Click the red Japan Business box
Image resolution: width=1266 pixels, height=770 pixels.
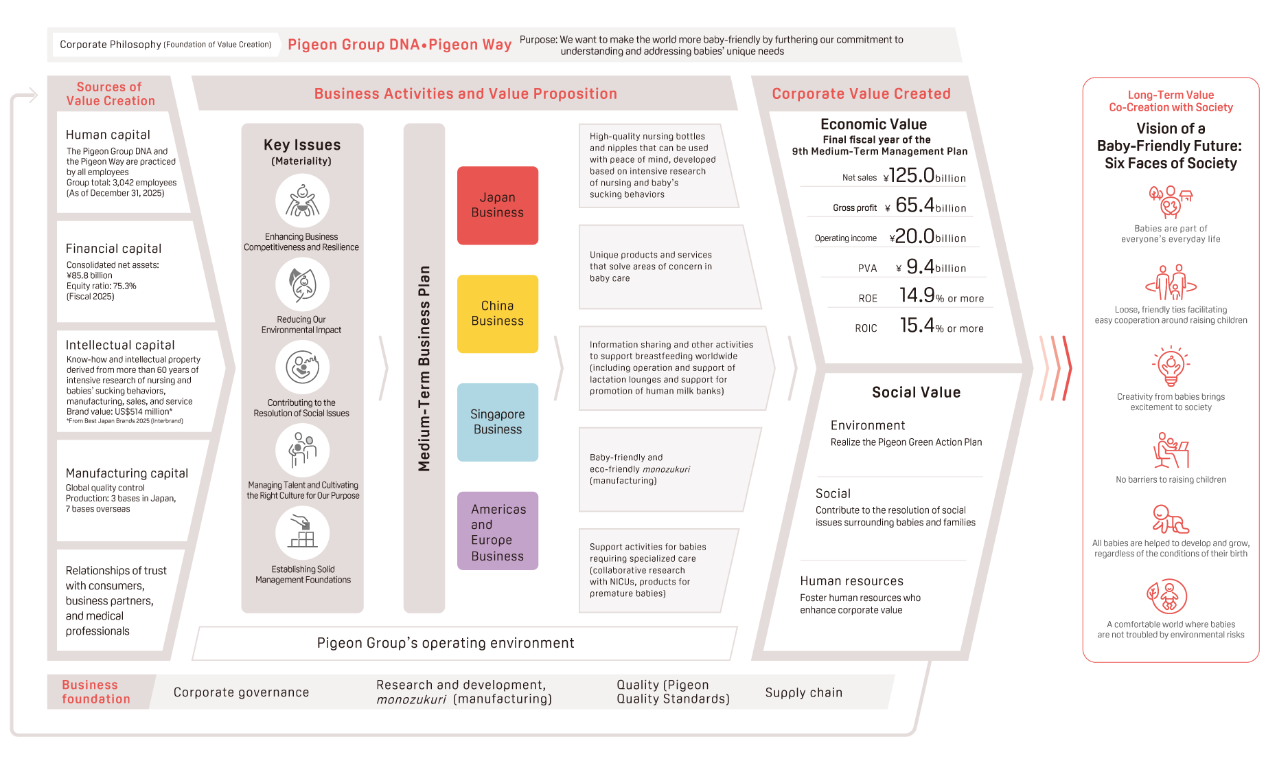(x=497, y=205)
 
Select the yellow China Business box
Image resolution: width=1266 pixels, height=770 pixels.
(x=497, y=314)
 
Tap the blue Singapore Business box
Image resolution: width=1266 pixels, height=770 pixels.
(x=497, y=422)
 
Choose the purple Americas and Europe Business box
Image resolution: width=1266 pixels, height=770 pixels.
(x=497, y=531)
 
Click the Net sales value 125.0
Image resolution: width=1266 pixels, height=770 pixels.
(x=911, y=176)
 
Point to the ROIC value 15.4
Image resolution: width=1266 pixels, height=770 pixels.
(x=917, y=326)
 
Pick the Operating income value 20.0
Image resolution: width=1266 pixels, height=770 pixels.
(x=914, y=236)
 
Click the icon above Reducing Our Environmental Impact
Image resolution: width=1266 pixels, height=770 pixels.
(x=302, y=284)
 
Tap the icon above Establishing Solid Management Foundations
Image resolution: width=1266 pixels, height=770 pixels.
(x=302, y=534)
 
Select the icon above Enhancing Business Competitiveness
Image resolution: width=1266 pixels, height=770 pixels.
(x=302, y=201)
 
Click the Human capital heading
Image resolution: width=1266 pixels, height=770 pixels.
(x=108, y=135)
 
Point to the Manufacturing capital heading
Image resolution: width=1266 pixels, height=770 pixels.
(x=126, y=473)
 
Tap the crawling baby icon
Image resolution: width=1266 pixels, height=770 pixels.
(x=1170, y=519)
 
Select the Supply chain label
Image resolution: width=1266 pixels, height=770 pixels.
(x=803, y=692)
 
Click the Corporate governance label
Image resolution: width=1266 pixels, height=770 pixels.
(x=241, y=692)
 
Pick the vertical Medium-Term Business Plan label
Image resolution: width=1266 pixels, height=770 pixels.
(x=424, y=368)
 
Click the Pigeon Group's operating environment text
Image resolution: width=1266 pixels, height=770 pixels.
(x=446, y=643)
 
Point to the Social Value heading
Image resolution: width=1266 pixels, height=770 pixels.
(x=916, y=392)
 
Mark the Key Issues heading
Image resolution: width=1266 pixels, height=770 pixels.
(x=302, y=145)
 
